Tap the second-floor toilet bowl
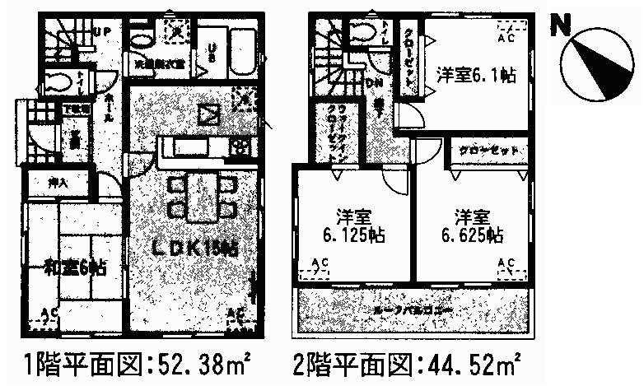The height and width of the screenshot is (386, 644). (x=361, y=33)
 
